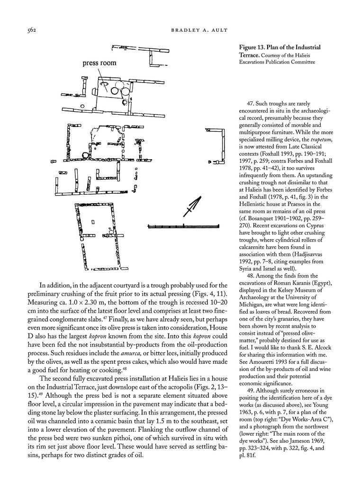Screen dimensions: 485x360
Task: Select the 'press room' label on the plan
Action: pos(99,63)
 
